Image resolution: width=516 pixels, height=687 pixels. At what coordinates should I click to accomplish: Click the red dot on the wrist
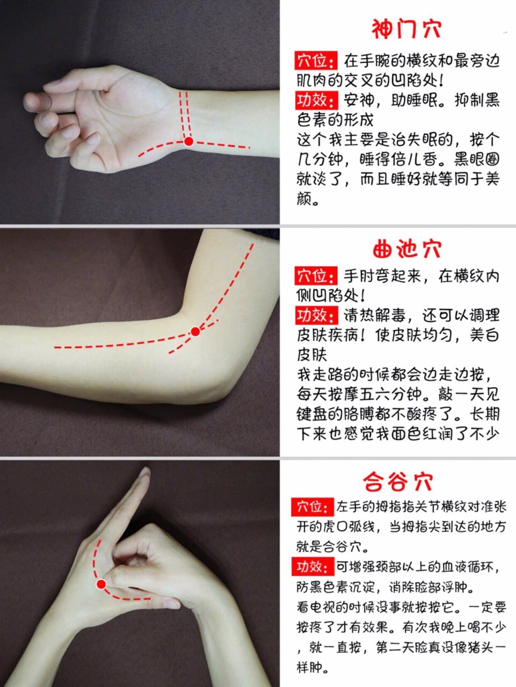[188, 142]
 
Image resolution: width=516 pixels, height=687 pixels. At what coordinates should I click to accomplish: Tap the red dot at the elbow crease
[195, 332]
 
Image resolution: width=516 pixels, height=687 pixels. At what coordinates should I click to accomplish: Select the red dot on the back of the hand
[101, 584]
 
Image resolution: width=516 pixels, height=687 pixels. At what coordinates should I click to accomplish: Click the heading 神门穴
[406, 29]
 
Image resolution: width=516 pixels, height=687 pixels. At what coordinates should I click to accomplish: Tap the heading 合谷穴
[398, 481]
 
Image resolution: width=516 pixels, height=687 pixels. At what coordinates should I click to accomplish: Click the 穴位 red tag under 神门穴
[316, 61]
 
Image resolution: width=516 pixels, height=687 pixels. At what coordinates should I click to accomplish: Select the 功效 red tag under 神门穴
[316, 100]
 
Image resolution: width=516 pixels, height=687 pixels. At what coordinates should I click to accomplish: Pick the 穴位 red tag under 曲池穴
[316, 276]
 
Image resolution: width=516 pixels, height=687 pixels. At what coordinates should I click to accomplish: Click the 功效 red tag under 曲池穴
[316, 316]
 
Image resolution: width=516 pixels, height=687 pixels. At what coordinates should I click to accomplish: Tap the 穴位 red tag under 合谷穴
[312, 507]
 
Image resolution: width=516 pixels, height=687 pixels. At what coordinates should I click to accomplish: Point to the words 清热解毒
[374, 316]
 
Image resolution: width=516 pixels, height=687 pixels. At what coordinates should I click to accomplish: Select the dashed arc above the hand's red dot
[95, 559]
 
